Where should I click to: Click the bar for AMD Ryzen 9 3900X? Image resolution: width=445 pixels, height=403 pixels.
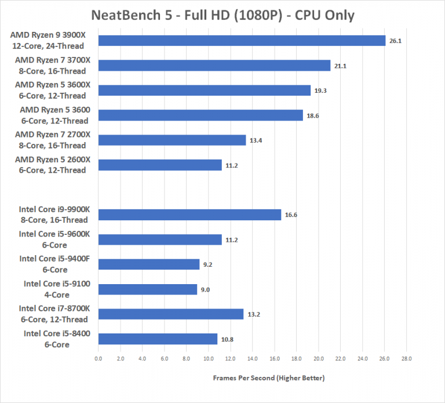242,41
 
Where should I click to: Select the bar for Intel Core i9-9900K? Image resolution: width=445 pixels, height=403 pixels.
189,215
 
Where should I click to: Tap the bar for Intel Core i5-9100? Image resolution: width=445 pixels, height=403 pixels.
148,289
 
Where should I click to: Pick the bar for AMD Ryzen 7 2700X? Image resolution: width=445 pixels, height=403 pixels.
172,140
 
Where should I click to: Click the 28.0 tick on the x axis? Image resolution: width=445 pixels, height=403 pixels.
406,359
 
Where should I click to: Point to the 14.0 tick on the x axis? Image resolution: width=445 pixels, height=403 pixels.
252,359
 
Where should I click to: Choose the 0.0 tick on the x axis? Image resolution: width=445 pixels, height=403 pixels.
99,359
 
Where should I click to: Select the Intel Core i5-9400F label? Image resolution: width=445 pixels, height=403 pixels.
54,264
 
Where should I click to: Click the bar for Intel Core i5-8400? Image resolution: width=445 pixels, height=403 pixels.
158,339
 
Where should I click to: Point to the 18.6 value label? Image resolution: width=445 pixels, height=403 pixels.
313,115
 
